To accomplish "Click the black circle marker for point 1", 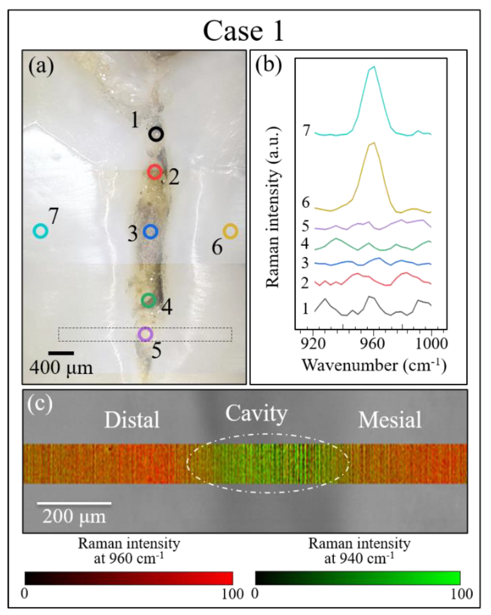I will [156, 134].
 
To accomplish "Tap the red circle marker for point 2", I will [155, 172].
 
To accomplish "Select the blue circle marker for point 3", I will [150, 232].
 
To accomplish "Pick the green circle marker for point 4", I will [149, 300].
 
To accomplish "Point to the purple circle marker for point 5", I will [145, 334].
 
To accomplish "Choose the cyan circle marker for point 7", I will [41, 231].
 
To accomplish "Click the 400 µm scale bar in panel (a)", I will [61, 353].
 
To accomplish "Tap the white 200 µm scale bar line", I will [74, 503].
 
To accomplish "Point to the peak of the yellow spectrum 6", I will [374, 143].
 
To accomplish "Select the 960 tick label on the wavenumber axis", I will [372, 344].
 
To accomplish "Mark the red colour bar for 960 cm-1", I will [129, 578].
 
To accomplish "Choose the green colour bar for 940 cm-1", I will [358, 578].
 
